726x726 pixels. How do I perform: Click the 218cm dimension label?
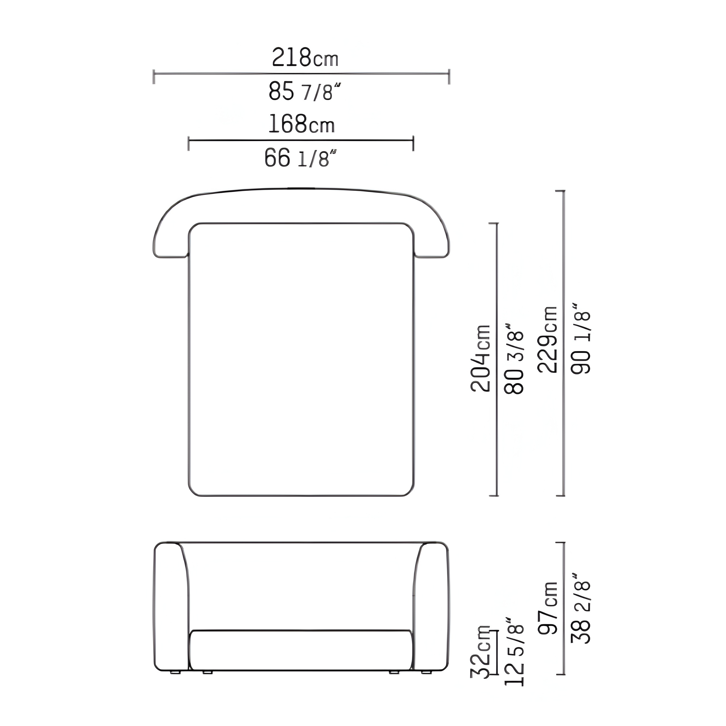point(305,57)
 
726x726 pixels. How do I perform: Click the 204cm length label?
point(481,358)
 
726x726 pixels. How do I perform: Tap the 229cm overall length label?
point(548,339)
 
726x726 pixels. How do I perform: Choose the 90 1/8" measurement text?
point(581,342)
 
